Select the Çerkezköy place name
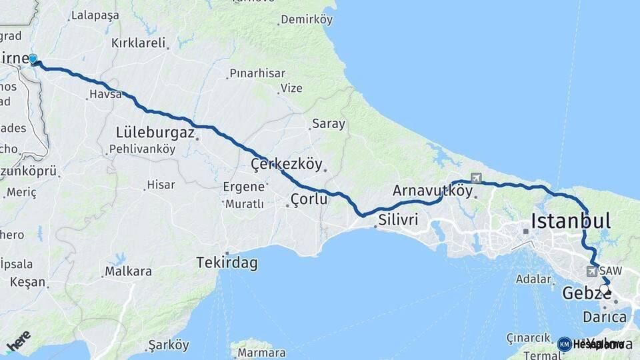click(286, 164)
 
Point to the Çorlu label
click(309, 199)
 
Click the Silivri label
click(398, 219)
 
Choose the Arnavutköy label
click(432, 191)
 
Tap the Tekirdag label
click(227, 263)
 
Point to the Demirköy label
click(306, 19)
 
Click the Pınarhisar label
click(257, 73)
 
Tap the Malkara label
click(128, 271)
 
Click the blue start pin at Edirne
click(33, 59)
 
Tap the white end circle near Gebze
click(604, 289)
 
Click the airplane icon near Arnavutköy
click(475, 178)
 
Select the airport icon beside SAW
click(591, 271)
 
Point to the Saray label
click(329, 123)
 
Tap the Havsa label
click(107, 95)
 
